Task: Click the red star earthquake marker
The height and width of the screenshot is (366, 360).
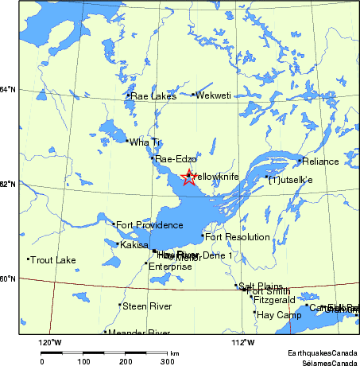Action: point(188,177)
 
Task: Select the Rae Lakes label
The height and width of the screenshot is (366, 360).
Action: point(153,96)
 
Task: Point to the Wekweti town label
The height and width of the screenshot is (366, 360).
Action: point(214,95)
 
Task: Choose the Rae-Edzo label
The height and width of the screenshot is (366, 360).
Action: point(176,159)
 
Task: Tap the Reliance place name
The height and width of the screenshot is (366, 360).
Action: point(320,162)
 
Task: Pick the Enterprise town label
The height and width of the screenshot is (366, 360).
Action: point(170,267)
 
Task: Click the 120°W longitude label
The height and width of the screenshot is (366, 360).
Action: point(51,343)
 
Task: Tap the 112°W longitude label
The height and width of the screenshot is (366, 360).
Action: point(243,343)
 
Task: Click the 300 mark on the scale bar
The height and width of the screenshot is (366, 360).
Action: point(167,361)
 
